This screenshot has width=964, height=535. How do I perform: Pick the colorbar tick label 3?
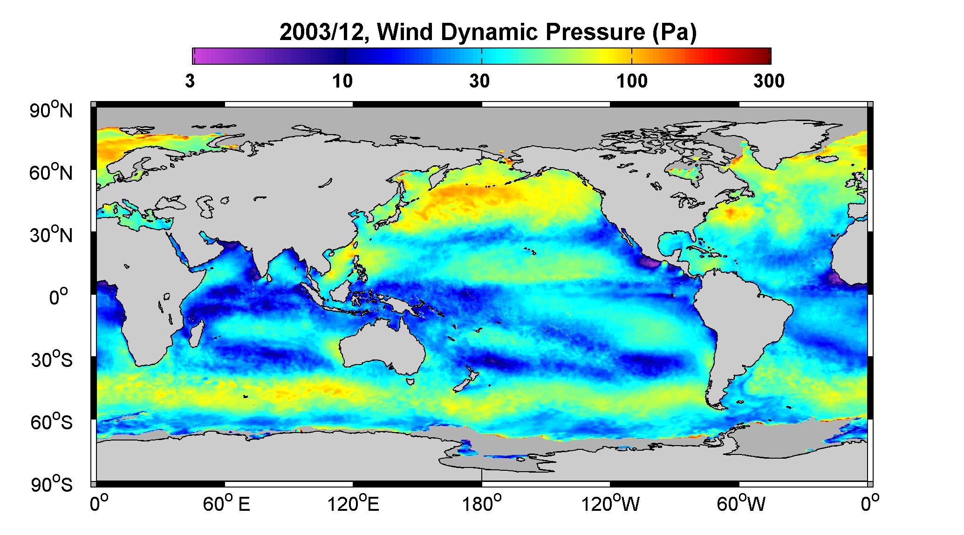tap(190, 81)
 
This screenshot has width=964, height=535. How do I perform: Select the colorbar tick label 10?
tap(342, 81)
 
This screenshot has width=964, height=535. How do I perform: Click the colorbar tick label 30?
tap(480, 81)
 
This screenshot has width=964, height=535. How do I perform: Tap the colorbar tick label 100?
tap(632, 81)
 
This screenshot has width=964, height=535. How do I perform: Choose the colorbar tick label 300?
tap(769, 81)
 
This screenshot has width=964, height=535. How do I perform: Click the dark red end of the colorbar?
tap(766, 56)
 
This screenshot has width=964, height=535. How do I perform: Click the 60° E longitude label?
tap(226, 504)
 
